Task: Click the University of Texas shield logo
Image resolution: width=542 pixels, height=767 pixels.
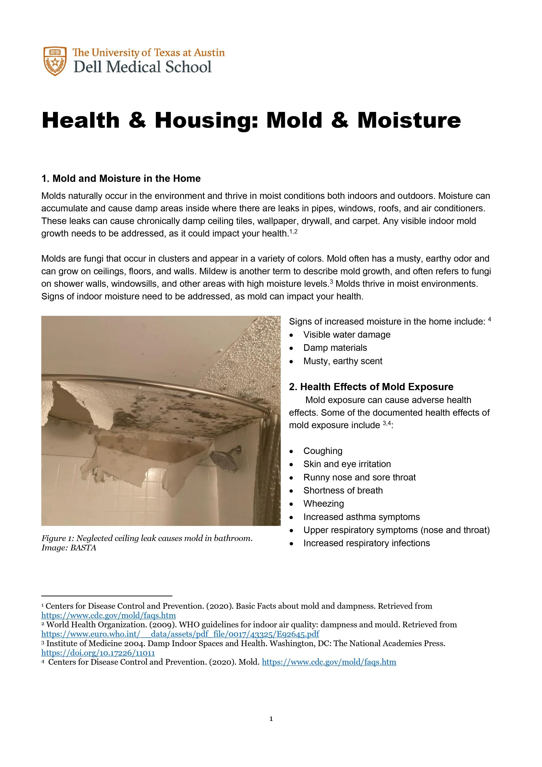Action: pyautogui.click(x=54, y=61)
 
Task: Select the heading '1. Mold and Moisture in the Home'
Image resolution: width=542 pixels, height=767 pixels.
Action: pyautogui.click(x=121, y=179)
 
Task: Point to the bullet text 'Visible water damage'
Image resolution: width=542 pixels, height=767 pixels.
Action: pyautogui.click(x=347, y=335)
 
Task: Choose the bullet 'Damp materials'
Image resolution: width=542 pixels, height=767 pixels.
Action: pyautogui.click(x=335, y=348)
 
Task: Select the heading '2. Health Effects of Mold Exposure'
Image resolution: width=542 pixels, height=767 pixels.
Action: pyautogui.click(x=371, y=387)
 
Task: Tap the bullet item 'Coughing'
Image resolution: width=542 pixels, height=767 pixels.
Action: pyautogui.click(x=323, y=451)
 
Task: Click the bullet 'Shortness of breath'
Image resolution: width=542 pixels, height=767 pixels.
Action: pyautogui.click(x=343, y=490)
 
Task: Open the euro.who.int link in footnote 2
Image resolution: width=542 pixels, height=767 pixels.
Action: pyautogui.click(x=180, y=634)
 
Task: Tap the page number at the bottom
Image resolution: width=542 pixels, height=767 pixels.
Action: pyautogui.click(x=271, y=719)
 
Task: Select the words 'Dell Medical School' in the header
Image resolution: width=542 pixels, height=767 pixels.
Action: pyautogui.click(x=143, y=67)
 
